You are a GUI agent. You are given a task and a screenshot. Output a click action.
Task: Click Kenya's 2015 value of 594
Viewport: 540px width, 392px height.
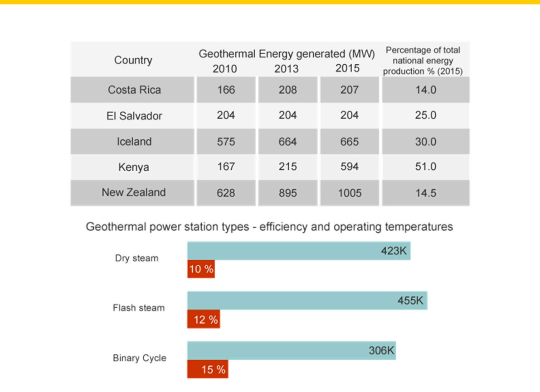click(349, 167)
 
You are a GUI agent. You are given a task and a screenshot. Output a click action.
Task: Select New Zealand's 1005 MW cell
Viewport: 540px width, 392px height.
click(350, 193)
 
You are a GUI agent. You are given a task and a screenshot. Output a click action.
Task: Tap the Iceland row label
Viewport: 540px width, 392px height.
click(134, 142)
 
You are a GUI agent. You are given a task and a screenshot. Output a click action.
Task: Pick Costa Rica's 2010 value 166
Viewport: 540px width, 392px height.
click(226, 90)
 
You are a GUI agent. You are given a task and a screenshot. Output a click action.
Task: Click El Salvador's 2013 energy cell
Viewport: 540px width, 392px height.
click(287, 115)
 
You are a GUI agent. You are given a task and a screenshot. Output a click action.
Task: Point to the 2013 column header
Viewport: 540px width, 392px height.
click(286, 69)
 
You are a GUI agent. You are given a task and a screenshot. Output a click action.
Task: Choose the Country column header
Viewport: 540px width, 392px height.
click(133, 60)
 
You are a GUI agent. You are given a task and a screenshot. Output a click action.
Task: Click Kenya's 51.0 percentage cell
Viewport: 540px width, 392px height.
click(426, 167)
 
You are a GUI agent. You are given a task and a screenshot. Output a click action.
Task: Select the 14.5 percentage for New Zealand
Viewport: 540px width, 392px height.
click(426, 193)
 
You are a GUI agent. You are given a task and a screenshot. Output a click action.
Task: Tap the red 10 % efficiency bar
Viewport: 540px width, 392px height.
click(201, 269)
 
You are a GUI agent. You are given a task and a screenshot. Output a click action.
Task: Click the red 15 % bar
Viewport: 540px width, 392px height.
click(208, 369)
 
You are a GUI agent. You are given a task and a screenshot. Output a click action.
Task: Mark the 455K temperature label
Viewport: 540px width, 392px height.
click(410, 301)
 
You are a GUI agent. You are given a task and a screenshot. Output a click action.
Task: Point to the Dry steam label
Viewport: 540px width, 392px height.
click(137, 258)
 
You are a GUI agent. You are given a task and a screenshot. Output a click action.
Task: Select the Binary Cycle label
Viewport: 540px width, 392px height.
click(140, 358)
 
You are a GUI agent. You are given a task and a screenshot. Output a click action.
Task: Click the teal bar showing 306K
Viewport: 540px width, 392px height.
click(292, 351)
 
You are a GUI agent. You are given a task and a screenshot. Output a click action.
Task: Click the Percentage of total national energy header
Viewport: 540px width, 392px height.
click(423, 61)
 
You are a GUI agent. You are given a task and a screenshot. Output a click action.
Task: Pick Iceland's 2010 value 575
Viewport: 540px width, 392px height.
click(226, 142)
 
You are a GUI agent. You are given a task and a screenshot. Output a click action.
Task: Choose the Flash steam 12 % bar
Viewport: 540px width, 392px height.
click(204, 319)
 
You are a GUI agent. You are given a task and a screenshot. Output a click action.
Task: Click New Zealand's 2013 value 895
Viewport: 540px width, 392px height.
click(287, 193)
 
